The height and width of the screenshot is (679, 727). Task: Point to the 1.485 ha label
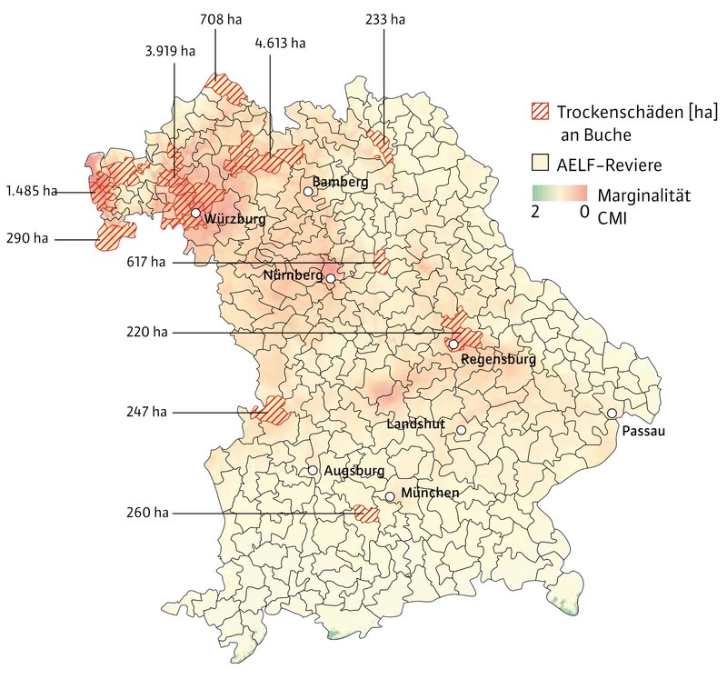pos(31,192)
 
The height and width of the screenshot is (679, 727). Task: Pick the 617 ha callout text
pos(146,263)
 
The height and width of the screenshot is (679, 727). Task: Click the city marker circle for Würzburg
pos(195,213)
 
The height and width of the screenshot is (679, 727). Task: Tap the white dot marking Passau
pos(612,414)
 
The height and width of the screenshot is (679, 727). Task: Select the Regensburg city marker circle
pos(453,344)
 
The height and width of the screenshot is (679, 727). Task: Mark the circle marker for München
pos(390,496)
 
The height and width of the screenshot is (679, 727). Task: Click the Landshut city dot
pos(461,430)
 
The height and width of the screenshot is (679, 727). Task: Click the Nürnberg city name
pos(293,275)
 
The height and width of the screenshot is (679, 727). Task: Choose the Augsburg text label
pos(354,472)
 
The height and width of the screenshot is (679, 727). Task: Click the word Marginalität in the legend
pos(643,195)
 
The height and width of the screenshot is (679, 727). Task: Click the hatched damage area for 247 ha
pos(271,411)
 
